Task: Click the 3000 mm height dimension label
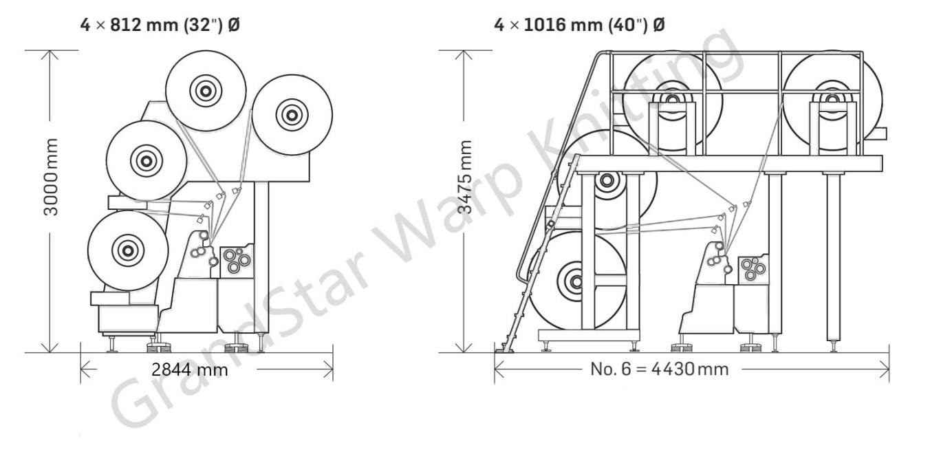[x=51, y=177]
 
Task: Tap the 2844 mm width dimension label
[x=190, y=369]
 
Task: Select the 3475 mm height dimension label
[x=465, y=177]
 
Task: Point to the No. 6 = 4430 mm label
[x=659, y=369]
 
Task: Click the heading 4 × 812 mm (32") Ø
[x=160, y=25]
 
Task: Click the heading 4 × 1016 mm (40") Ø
[x=579, y=25]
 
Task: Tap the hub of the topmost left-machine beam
[x=206, y=91]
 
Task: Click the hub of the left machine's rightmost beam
[x=292, y=115]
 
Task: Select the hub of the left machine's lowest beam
[x=128, y=250]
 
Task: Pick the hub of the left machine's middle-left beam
[x=146, y=161]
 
